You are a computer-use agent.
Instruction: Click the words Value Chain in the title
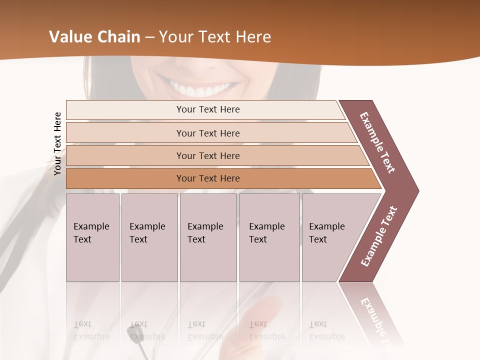point(94,37)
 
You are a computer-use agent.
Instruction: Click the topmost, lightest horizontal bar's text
point(208,109)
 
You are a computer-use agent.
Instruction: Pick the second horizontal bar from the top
point(208,133)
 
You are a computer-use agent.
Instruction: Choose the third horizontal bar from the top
point(208,155)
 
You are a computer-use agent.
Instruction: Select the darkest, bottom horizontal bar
point(208,178)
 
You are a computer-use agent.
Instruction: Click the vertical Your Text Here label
point(57,143)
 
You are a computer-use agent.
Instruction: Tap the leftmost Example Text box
point(92,237)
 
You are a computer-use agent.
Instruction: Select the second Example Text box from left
point(149,237)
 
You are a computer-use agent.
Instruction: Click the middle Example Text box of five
point(207,237)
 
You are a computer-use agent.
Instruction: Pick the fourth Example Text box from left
point(269,237)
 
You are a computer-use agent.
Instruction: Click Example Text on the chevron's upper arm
point(378,142)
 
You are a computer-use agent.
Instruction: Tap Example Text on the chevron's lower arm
point(379,236)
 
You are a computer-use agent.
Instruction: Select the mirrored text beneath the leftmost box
point(91,330)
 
